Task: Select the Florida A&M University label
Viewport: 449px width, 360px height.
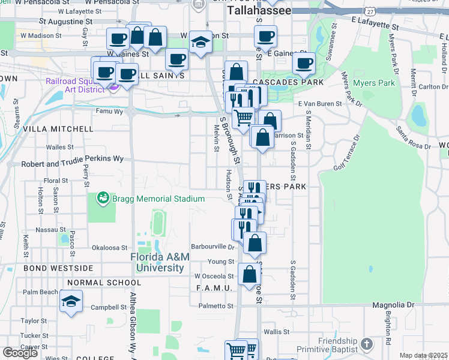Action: [x=160, y=262]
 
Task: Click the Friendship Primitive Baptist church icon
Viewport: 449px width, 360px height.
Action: [x=367, y=344]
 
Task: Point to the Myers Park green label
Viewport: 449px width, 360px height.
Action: [x=374, y=83]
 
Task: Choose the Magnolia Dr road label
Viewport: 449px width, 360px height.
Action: [x=393, y=305]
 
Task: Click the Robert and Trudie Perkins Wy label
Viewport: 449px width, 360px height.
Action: [x=72, y=163]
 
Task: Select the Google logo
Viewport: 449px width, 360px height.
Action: [x=20, y=352]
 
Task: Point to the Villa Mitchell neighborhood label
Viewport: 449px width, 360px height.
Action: [x=58, y=129]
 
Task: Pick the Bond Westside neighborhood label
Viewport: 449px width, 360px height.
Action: [x=58, y=268]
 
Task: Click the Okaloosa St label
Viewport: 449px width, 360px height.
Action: [x=109, y=247]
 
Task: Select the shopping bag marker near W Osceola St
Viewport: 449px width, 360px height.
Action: [x=249, y=274]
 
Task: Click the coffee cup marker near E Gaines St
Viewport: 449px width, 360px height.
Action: [x=304, y=62]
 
